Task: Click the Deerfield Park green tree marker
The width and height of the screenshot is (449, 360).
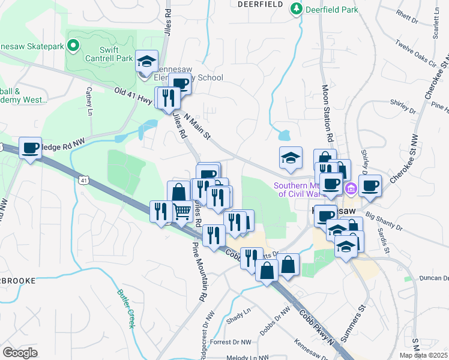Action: coord(296,9)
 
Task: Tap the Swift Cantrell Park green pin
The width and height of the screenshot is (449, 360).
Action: coord(73,44)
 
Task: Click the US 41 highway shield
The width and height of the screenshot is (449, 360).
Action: coord(82,179)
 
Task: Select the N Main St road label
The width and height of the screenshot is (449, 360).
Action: coord(197,127)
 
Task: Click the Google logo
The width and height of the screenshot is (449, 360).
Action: coord(20,353)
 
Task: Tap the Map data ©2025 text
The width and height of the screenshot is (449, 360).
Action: coord(423,355)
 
